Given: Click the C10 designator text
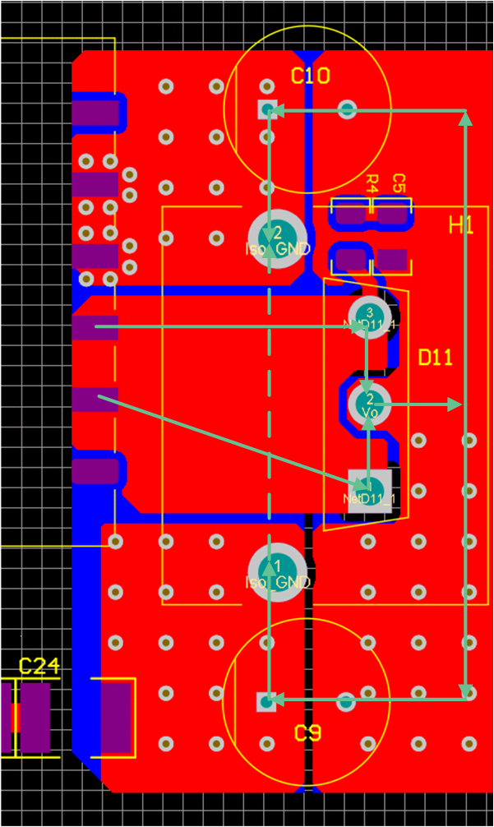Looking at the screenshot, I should pyautogui.click(x=311, y=76).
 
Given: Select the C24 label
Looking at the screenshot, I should pyautogui.click(x=39, y=667).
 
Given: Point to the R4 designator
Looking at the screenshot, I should pyautogui.click(x=372, y=183).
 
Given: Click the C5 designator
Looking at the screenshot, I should pyautogui.click(x=399, y=183).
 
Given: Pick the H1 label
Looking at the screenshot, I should pyautogui.click(x=461, y=225).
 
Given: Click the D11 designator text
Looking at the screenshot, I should pyautogui.click(x=436, y=358).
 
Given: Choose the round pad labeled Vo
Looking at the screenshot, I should pyautogui.click(x=369, y=402).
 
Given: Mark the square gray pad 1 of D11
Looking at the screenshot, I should pyautogui.click(x=369, y=491).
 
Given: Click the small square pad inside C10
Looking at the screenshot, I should pyautogui.click(x=266, y=109).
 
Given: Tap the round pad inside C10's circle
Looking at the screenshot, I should pyautogui.click(x=347, y=109).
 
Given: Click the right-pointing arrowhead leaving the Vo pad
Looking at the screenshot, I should pyautogui.click(x=454, y=404).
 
